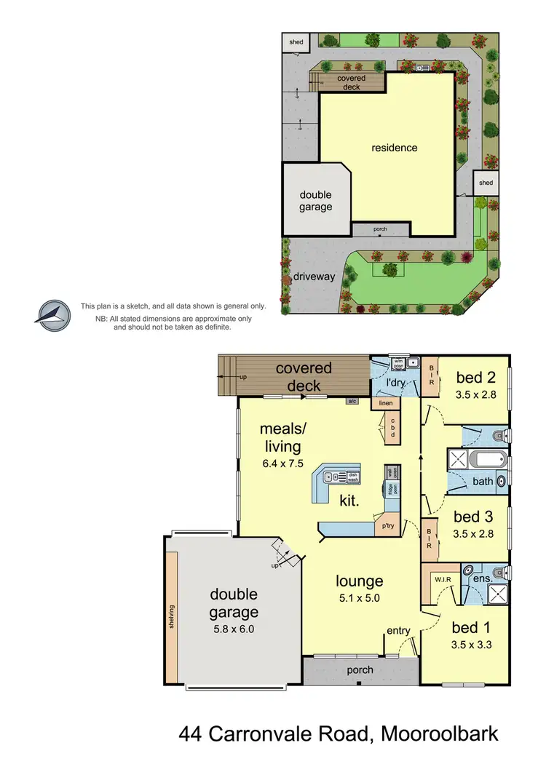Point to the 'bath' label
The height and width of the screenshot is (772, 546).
click(483, 481)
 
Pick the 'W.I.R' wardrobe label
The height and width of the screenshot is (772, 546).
click(443, 580)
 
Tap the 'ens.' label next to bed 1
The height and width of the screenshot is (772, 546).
click(481, 580)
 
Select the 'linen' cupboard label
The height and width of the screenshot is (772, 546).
click(385, 402)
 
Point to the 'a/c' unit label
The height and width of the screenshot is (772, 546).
click(352, 401)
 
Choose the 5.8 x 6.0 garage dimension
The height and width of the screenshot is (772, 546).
click(234, 630)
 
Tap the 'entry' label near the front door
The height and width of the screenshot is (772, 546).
click(398, 631)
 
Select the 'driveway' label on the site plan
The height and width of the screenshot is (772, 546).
click(314, 276)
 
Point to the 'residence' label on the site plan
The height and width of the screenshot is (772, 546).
click(395, 148)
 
